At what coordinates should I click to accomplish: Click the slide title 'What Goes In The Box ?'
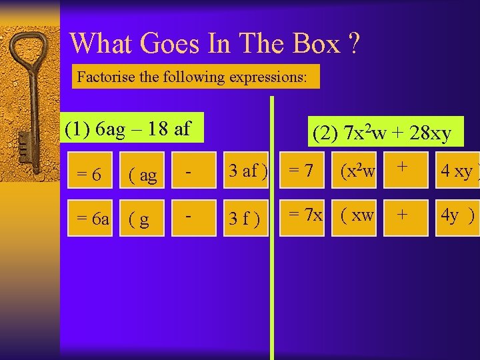tap(215, 44)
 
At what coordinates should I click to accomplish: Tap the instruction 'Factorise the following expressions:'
tap(192, 77)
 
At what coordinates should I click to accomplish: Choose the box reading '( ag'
tap(143, 175)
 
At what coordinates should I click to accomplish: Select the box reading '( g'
tap(143, 218)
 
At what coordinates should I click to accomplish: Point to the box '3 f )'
tap(247, 218)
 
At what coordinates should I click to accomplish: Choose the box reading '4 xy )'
tap(457, 171)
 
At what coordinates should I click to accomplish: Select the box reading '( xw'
tap(357, 216)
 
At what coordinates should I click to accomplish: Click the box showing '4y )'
tap(457, 216)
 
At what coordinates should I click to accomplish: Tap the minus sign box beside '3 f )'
tap(190, 218)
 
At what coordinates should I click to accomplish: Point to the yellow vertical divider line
tap(271, 267)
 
